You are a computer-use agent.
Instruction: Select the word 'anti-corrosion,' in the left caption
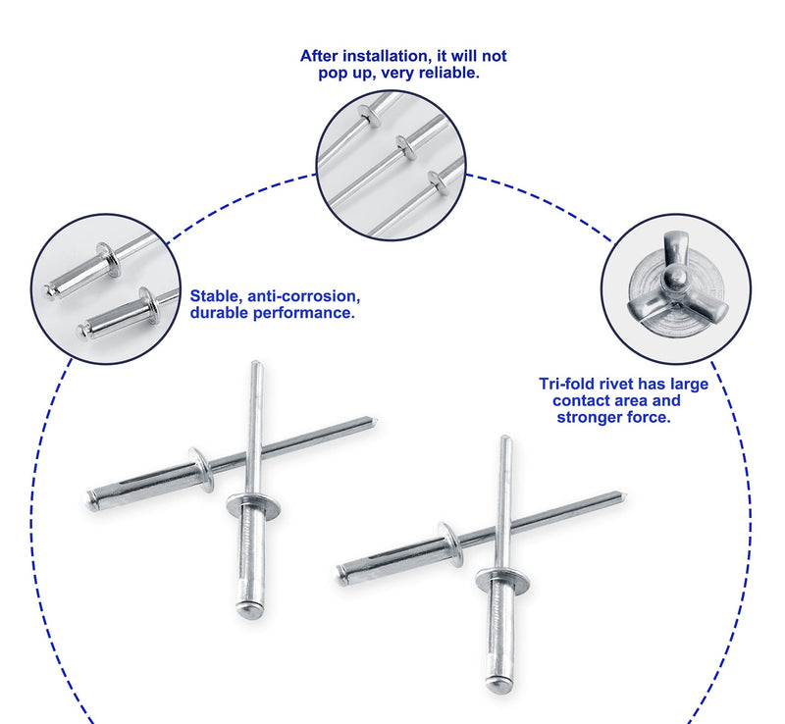point(303,296)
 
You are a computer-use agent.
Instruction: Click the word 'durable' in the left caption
point(220,313)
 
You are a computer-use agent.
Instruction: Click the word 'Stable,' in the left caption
point(217,296)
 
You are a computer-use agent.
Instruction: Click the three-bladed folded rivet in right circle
point(676,289)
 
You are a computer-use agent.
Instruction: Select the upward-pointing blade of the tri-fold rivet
point(672,249)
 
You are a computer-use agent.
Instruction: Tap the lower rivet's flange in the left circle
point(149,305)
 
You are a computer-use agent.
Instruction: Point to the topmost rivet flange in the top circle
point(369,116)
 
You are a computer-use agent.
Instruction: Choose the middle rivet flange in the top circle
point(406,148)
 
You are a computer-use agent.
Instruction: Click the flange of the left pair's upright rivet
point(253,505)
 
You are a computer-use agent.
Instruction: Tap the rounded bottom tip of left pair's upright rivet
point(250,610)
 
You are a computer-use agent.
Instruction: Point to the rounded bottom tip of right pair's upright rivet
point(499,684)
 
